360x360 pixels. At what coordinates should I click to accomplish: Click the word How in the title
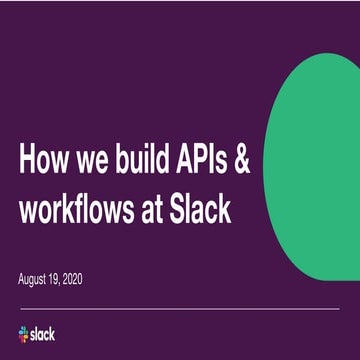pos(48,161)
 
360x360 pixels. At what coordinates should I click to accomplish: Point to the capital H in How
pos(29,161)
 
